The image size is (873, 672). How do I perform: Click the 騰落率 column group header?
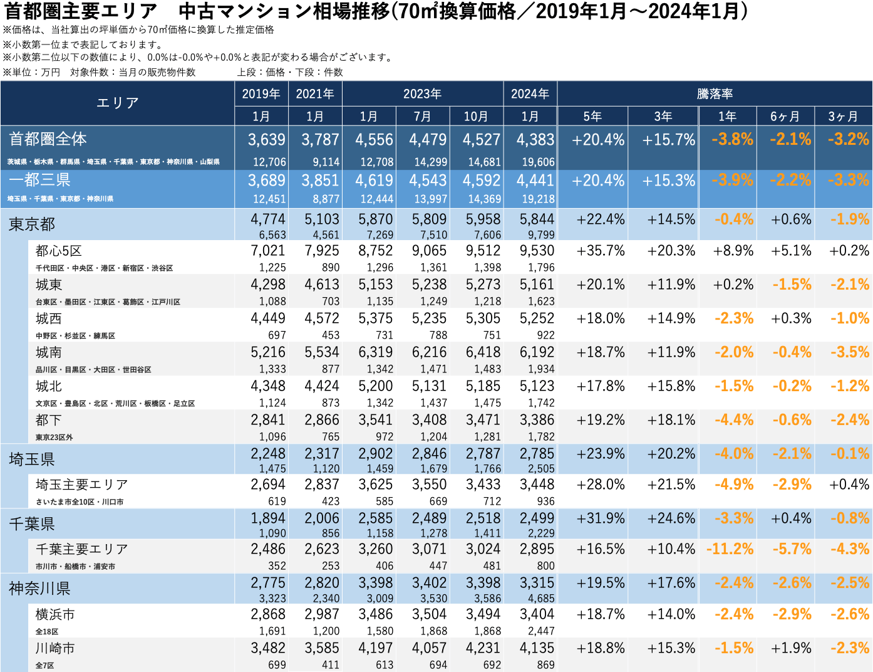click(x=715, y=94)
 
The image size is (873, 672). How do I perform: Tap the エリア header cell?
click(x=117, y=103)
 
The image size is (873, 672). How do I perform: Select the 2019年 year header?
click(x=261, y=94)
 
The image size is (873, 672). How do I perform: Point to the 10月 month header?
click(x=476, y=117)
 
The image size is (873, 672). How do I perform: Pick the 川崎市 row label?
click(x=55, y=648)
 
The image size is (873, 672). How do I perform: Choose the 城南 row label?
click(x=49, y=352)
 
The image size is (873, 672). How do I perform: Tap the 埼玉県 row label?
click(x=32, y=459)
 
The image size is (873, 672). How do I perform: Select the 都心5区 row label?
click(x=59, y=251)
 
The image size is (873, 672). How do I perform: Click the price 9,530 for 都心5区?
click(x=537, y=251)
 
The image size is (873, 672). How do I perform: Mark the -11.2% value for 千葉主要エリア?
click(x=730, y=549)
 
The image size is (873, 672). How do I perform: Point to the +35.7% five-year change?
click(x=600, y=251)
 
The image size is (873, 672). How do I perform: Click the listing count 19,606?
click(x=538, y=162)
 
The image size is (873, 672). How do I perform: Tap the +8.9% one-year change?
click(x=733, y=251)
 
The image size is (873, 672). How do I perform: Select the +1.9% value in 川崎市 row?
click(x=791, y=648)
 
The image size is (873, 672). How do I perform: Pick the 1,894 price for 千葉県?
click(x=268, y=518)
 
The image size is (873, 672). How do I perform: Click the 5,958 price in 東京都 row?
click(x=483, y=219)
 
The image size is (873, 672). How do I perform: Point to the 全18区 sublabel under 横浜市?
click(x=47, y=631)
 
